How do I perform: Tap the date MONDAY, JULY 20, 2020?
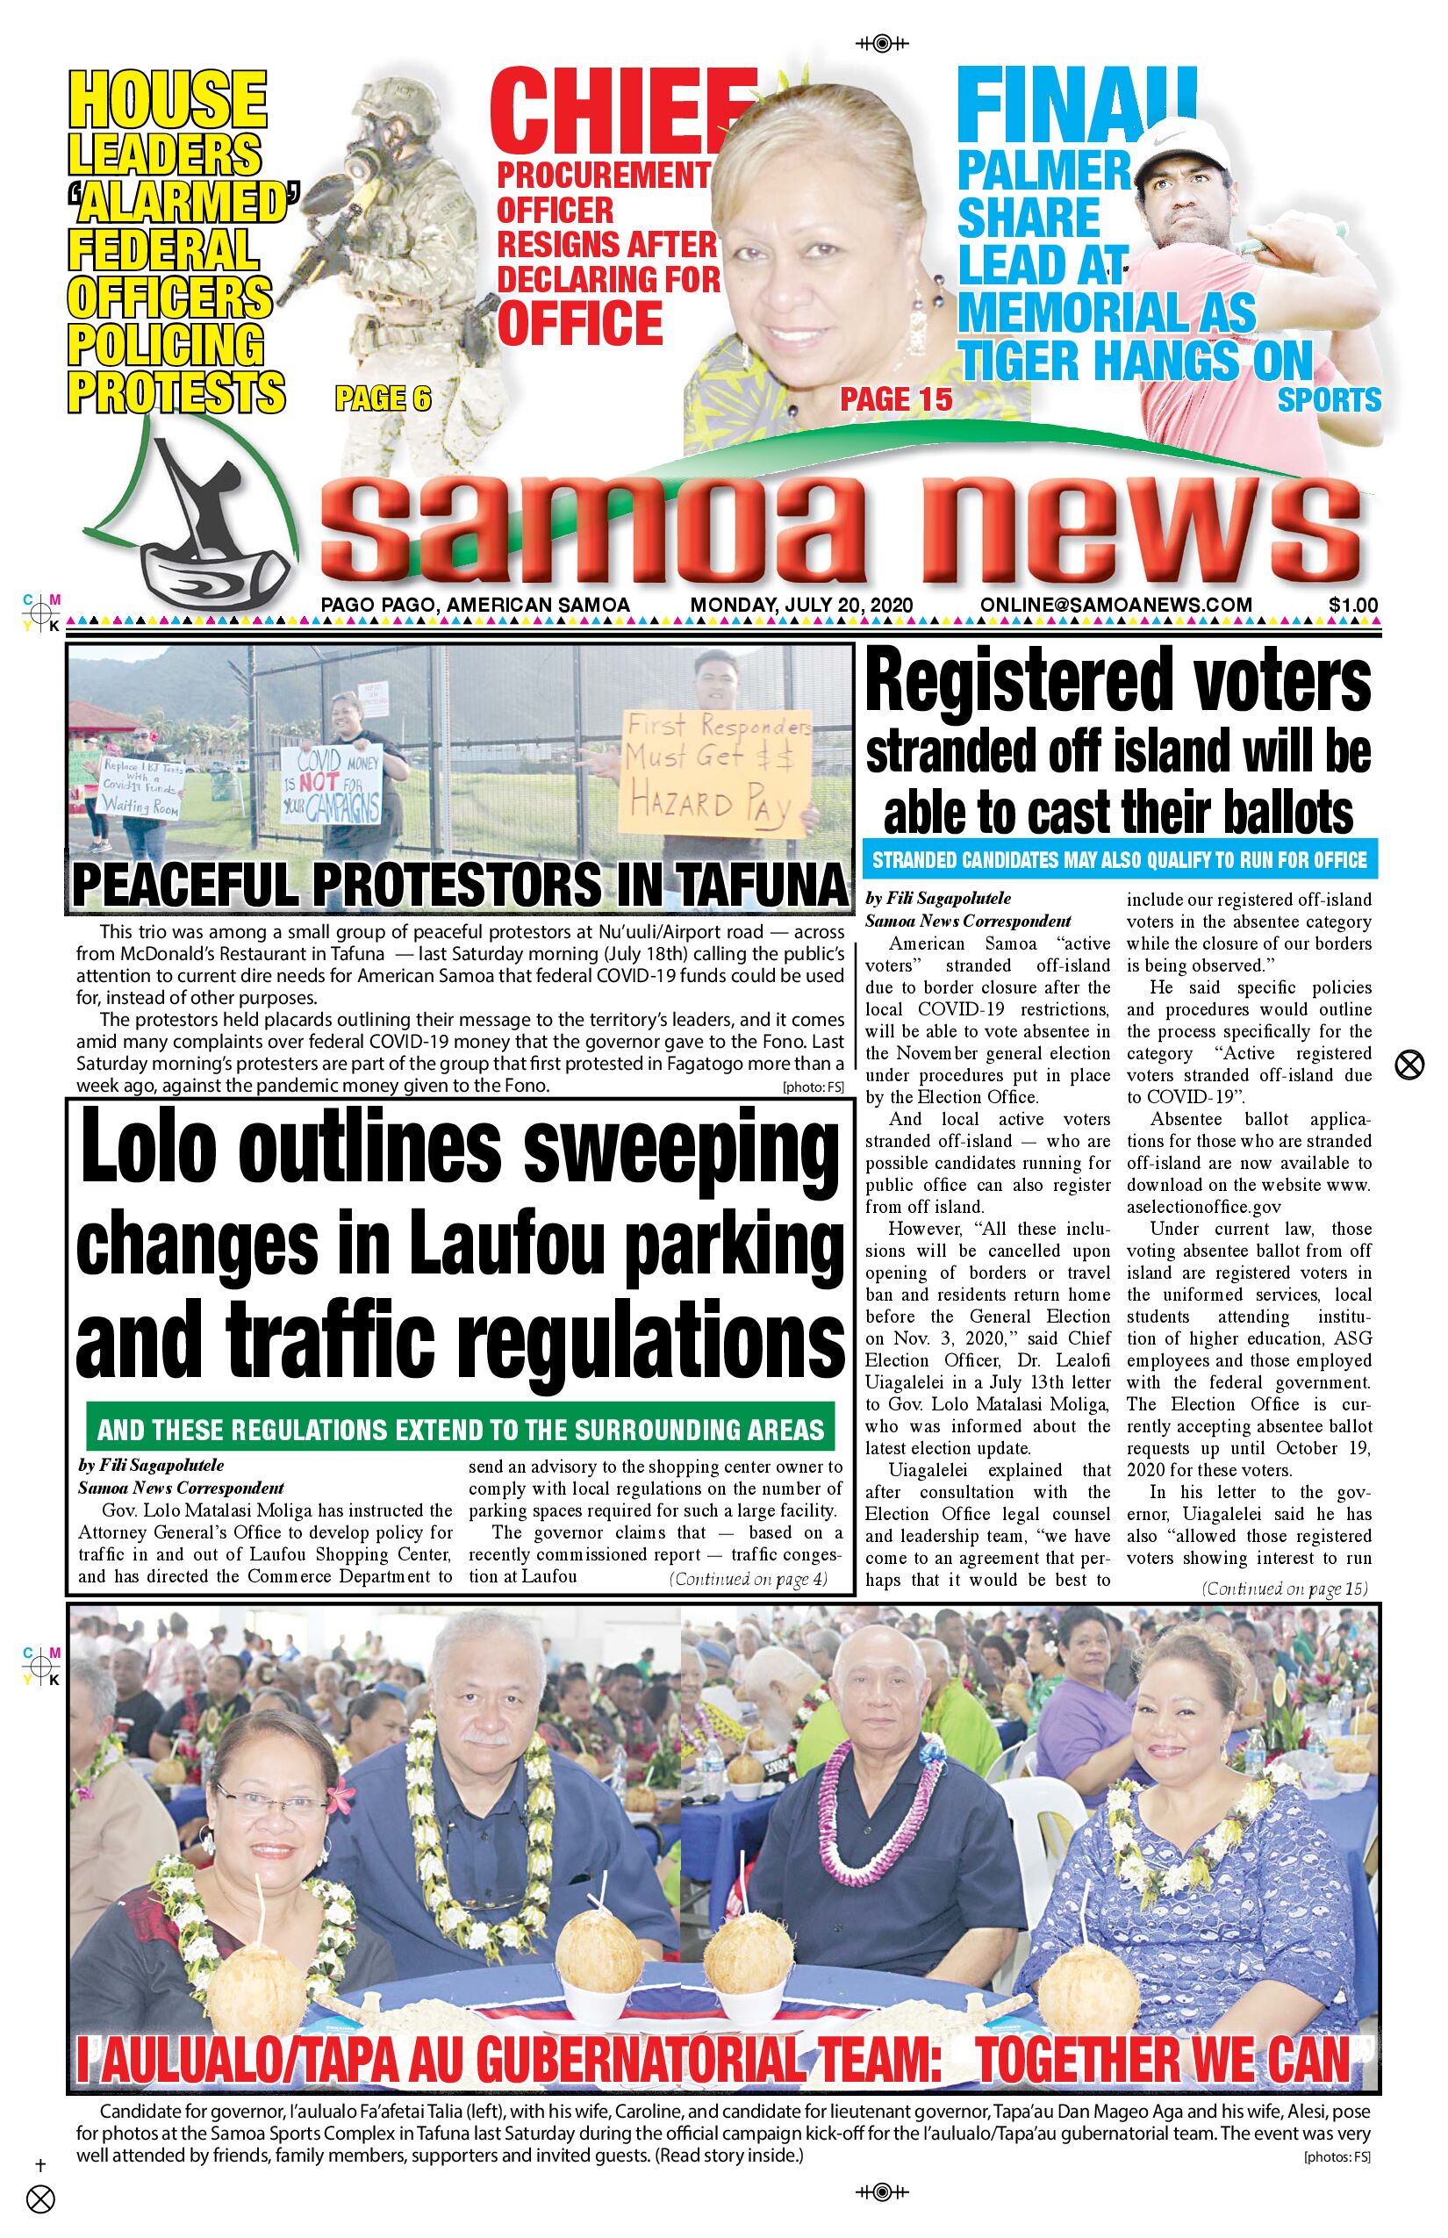[x=801, y=605]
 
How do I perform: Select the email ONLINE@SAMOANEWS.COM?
[x=1115, y=605]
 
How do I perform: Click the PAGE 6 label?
[x=383, y=398]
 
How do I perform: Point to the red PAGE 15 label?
[x=895, y=398]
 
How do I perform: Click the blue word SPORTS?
[x=1329, y=399]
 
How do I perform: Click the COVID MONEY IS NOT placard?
[x=331, y=785]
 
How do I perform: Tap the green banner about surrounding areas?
[x=460, y=1431]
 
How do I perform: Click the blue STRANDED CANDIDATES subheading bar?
[x=1119, y=859]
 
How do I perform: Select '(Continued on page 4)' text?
[x=748, y=1579]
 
